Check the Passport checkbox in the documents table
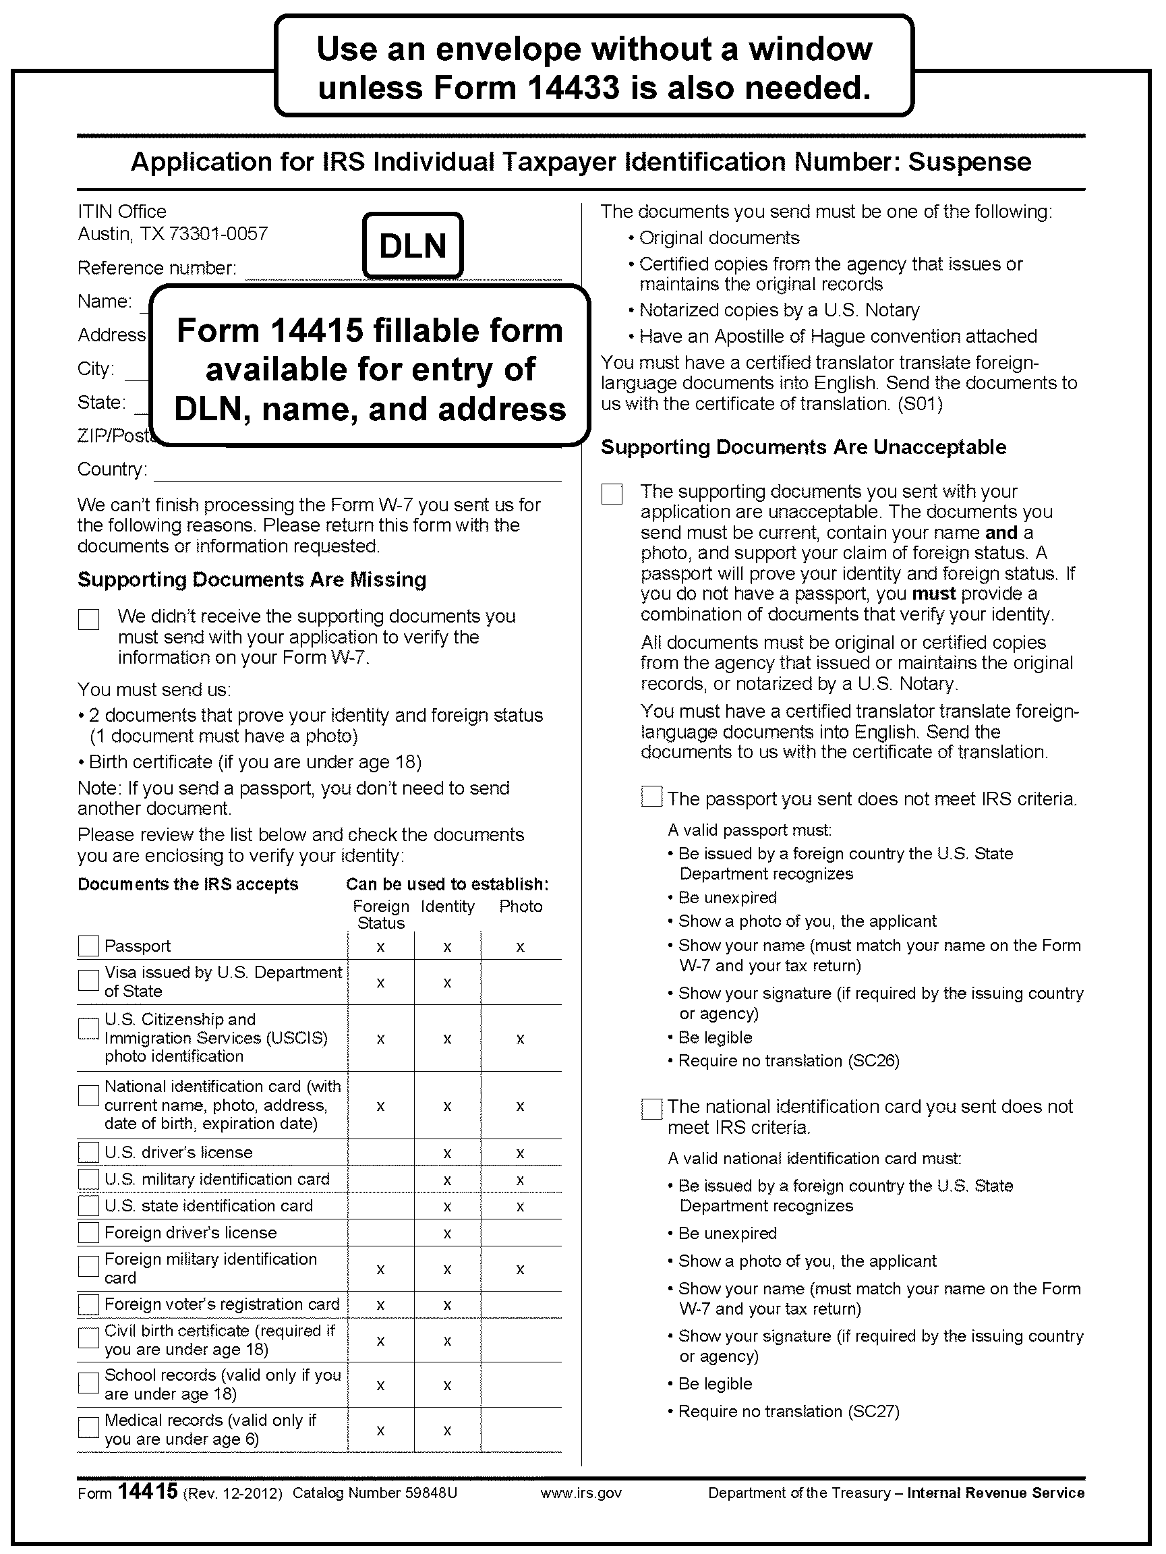pyautogui.click(x=88, y=946)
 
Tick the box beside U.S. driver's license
pyautogui.click(x=88, y=1152)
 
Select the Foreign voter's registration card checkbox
pyautogui.click(x=88, y=1304)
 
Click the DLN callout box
pyautogui.click(x=413, y=246)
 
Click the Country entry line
pyautogui.click(x=357, y=475)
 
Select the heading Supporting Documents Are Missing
pyautogui.click(x=252, y=579)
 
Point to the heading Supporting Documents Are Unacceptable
pyautogui.click(x=803, y=447)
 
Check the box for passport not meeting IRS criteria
pyautogui.click(x=652, y=797)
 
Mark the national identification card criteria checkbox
pyautogui.click(x=652, y=1109)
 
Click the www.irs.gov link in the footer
pyautogui.click(x=581, y=1493)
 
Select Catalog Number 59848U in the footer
pyautogui.click(x=374, y=1493)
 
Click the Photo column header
pyautogui.click(x=521, y=906)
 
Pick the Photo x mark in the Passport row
pyautogui.click(x=521, y=947)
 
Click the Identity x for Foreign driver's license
pyautogui.click(x=446, y=1234)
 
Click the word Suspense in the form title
pyautogui.click(x=969, y=163)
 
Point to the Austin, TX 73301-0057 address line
pyautogui.click(x=173, y=234)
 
